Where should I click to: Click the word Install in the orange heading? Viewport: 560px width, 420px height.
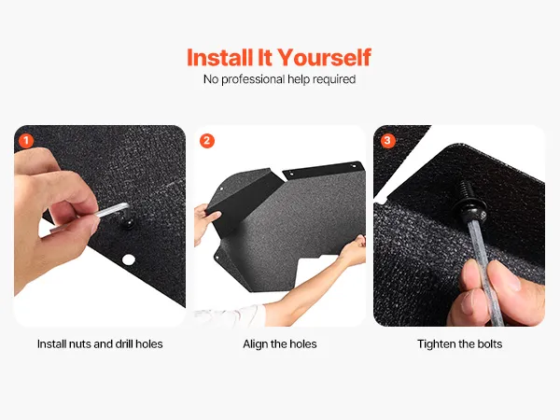pos(219,58)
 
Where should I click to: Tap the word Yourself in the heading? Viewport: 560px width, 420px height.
pos(324,58)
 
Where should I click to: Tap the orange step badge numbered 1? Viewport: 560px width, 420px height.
pos(26,141)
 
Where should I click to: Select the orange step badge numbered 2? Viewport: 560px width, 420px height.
pos(207,141)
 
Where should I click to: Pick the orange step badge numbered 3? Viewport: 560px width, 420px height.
pos(387,141)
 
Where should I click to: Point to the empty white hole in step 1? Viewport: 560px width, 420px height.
pos(129,259)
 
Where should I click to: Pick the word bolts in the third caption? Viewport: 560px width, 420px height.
pos(489,343)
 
